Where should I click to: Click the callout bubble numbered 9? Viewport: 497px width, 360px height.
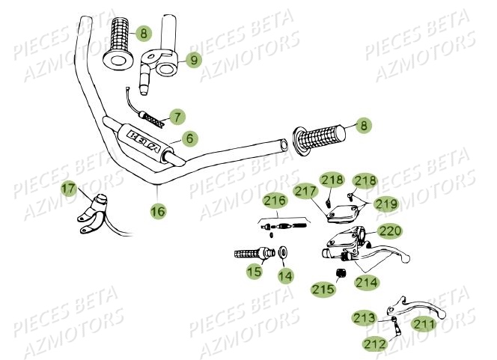click(x=194, y=59)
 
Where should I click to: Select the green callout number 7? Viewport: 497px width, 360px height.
click(x=177, y=117)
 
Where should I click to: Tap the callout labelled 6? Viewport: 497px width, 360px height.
click(x=190, y=138)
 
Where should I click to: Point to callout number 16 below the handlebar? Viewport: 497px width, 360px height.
click(x=157, y=212)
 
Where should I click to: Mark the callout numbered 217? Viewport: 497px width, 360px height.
click(x=304, y=192)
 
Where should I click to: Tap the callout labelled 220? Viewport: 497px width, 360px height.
click(x=389, y=231)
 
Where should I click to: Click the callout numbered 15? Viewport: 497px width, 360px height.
click(x=254, y=272)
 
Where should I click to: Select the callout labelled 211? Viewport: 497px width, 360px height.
click(x=424, y=324)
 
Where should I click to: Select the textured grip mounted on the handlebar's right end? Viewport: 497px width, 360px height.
click(x=317, y=139)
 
